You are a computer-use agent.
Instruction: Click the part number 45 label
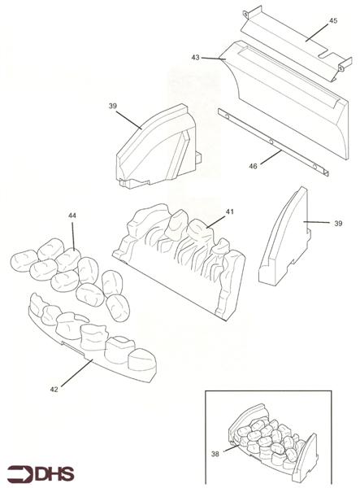[333, 20]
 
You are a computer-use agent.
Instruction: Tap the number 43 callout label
[195, 58]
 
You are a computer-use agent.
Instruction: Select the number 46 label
[253, 166]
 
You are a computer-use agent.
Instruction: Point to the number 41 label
[229, 211]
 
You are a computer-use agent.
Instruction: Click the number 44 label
[72, 216]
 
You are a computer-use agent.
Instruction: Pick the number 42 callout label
[54, 390]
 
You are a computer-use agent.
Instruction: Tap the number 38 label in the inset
[215, 454]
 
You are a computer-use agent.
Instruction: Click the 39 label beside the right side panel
[338, 224]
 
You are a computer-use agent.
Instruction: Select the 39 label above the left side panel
[112, 106]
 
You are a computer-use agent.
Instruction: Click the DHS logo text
[54, 474]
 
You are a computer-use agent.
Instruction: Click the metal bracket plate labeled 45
[297, 45]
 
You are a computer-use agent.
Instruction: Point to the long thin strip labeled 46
[273, 142]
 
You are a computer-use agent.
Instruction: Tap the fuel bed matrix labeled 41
[180, 261]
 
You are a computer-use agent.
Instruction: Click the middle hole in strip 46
[271, 142]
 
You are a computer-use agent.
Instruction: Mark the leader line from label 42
[76, 373]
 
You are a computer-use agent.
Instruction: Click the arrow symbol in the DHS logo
[20, 474]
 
